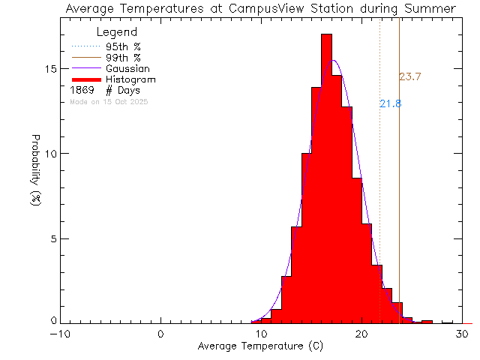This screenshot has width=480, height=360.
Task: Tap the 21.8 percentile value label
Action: [390, 104]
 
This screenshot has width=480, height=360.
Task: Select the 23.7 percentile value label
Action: [409, 76]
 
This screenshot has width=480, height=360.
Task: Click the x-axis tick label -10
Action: [61, 334]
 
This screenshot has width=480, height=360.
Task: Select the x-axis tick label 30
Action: [463, 334]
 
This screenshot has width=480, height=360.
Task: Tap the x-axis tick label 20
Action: [362, 334]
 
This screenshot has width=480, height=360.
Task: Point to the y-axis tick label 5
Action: [52, 238]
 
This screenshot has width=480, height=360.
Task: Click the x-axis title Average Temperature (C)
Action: [261, 346]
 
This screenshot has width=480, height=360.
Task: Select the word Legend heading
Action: [117, 32]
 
